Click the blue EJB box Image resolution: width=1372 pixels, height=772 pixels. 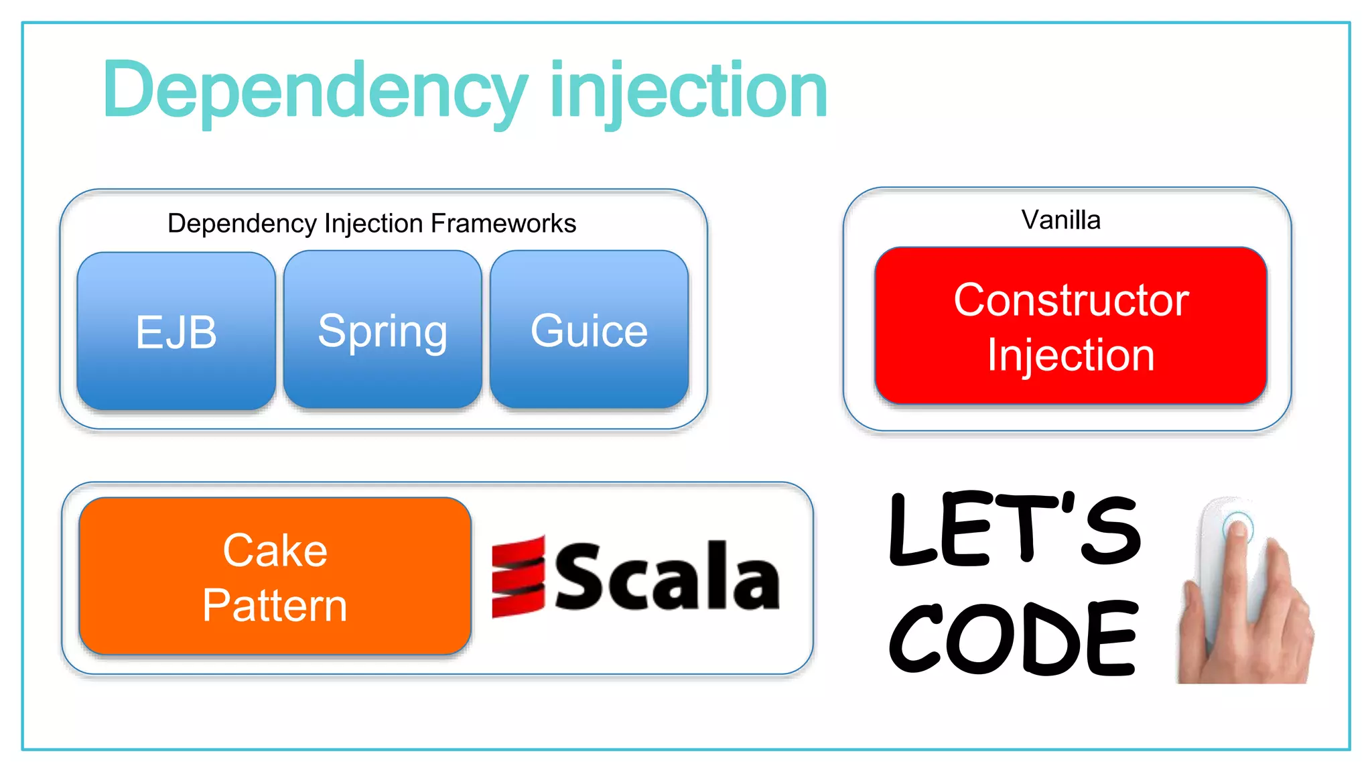pyautogui.click(x=176, y=331)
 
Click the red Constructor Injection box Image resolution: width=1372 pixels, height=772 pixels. pyautogui.click(x=1071, y=326)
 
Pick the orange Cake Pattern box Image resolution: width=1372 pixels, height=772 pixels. pyautogui.click(x=275, y=576)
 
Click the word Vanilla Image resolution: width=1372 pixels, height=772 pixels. pyautogui.click(x=1060, y=220)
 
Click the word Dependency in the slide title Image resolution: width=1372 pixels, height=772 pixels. pyautogui.click(x=315, y=90)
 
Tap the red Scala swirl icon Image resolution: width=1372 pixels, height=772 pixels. pyautogui.click(x=518, y=576)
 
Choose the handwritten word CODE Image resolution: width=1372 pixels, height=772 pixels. pyautogui.click(x=1013, y=637)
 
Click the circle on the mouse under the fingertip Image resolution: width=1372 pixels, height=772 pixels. pyautogui.click(x=1237, y=526)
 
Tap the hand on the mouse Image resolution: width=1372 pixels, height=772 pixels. pyautogui.click(x=1246, y=617)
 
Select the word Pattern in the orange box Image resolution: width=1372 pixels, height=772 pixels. pyautogui.click(x=275, y=605)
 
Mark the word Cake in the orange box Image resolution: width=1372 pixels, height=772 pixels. pyautogui.click(x=275, y=551)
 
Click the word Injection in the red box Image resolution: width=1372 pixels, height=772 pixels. pyautogui.click(x=1071, y=355)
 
